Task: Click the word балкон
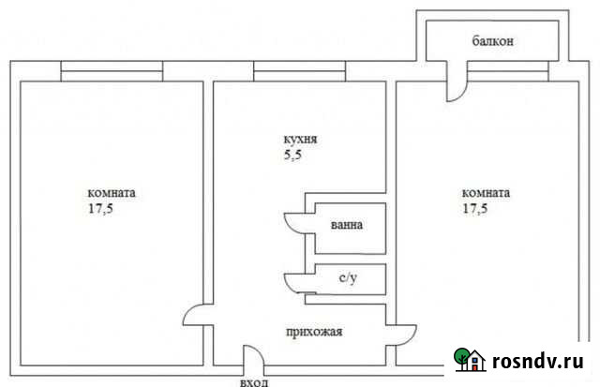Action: pos(492,43)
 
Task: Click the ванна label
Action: pos(346,227)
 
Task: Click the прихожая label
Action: pos(313,331)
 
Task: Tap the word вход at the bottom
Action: pos(253,380)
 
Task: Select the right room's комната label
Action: pos(485,193)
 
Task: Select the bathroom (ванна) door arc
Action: pos(294,223)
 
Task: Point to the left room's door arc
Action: pos(195,319)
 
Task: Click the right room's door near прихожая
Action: pos(406,335)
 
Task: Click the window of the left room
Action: pos(112,70)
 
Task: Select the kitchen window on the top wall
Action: pos(298,70)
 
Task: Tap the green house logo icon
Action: pos(469,360)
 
